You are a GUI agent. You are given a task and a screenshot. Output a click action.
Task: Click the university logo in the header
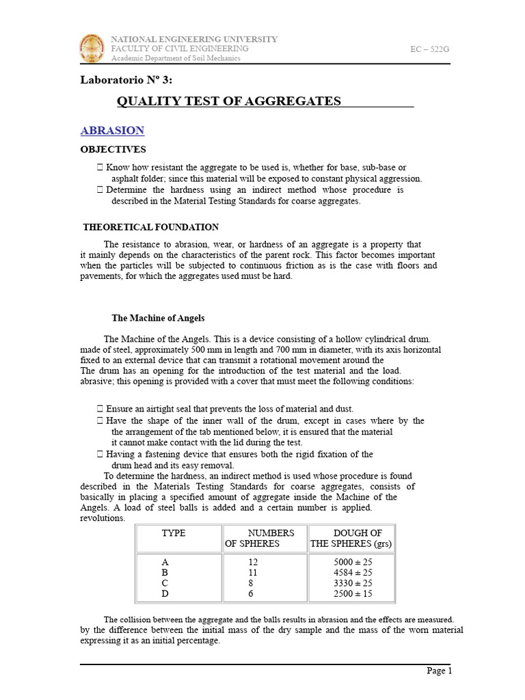pos(94,49)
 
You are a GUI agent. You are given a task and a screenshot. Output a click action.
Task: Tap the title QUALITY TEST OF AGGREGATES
pos(228,101)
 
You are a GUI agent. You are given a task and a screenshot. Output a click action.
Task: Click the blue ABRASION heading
pos(112,131)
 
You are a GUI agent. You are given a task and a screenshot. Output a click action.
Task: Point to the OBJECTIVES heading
pos(113,149)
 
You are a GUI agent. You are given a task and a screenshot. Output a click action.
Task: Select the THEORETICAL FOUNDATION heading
pos(150,227)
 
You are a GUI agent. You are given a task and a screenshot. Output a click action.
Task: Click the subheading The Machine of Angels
pos(158,318)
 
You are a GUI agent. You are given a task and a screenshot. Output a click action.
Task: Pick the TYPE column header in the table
pos(173,533)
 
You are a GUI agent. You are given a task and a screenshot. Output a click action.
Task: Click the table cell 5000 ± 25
pos(352,561)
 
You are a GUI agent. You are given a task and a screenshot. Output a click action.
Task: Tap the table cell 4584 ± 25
pos(352,572)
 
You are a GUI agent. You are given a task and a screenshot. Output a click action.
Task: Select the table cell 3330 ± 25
pos(352,583)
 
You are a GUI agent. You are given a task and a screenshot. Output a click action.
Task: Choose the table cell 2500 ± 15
pos(352,594)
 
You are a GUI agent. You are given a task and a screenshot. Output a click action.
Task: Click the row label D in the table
pos(165,594)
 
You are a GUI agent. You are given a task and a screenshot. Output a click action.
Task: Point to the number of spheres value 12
pos(253,561)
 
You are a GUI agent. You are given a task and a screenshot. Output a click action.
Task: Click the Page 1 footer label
pos(440,671)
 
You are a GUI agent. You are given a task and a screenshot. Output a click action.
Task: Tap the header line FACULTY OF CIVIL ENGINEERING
pos(180,49)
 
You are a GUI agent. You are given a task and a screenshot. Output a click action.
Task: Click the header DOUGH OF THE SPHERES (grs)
pos(351,538)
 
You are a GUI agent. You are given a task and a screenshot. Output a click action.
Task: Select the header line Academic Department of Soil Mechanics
pos(176,58)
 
